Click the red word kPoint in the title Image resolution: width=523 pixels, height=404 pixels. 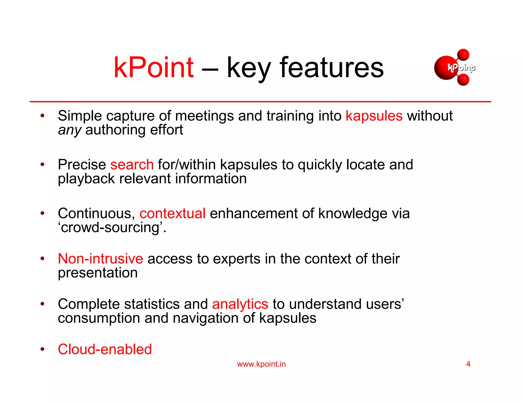pos(153,68)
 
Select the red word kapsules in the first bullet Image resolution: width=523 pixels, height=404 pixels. pos(374,116)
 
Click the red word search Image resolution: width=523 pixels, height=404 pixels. pos(132,165)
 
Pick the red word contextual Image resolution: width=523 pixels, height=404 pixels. pos(172,213)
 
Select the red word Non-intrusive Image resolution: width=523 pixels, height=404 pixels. pos(100,259)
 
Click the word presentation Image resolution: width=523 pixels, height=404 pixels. pos(98,273)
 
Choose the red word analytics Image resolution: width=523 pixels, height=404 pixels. pos(240,304)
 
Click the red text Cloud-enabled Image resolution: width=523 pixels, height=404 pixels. pos(105,349)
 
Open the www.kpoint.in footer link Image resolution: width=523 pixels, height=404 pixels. pos(261,364)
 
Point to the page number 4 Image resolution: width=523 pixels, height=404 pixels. pos(468,364)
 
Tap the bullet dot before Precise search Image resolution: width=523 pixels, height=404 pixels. pos(42,164)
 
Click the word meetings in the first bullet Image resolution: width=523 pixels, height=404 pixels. pos(204,116)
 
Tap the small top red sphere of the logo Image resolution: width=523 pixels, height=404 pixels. pos(463,55)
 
